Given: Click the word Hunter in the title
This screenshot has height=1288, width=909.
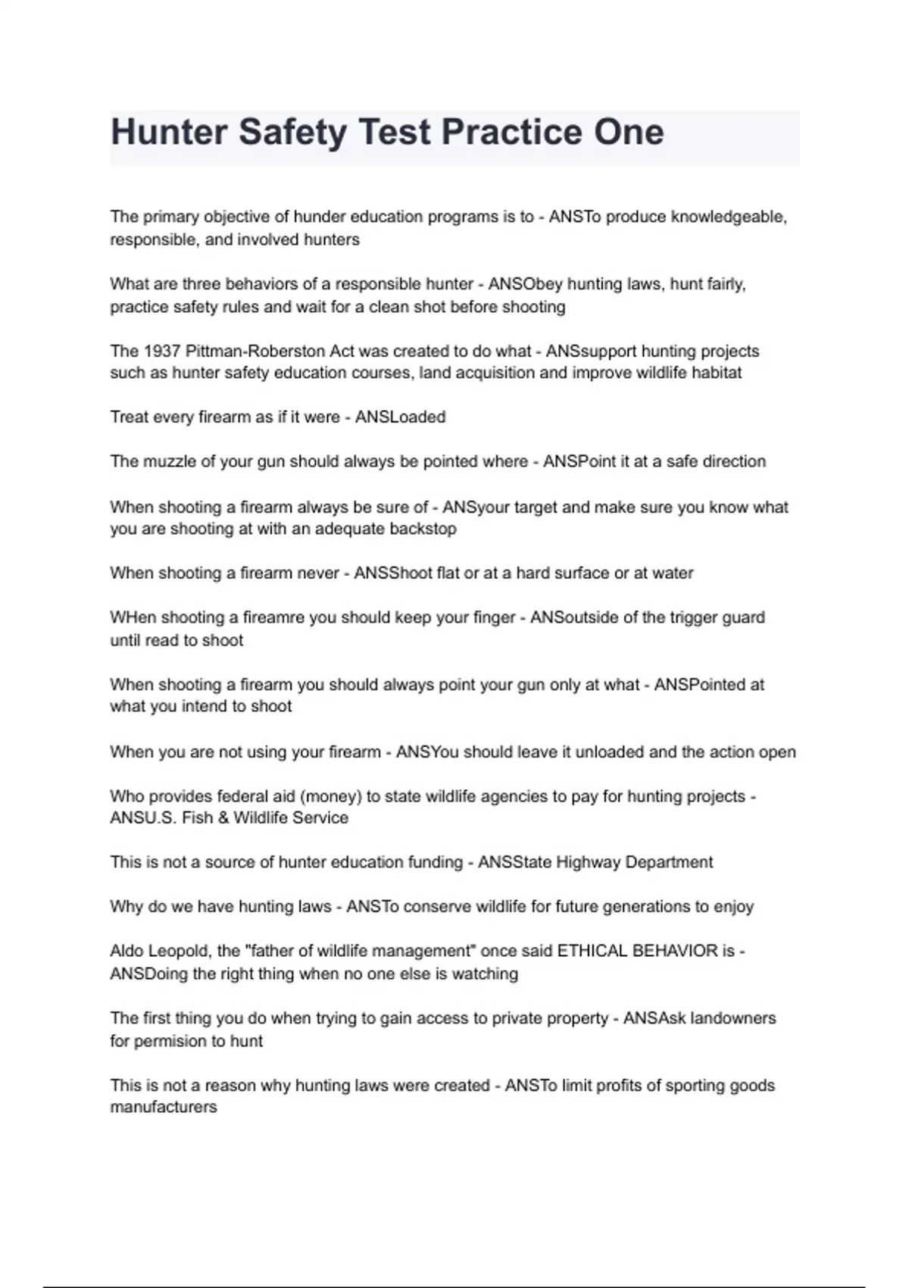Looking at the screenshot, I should (169, 132).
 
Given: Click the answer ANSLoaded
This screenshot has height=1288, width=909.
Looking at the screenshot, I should (400, 417).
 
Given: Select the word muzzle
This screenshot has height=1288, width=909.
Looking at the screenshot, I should (168, 461).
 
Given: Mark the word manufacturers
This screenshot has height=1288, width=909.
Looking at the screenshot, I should (164, 1107).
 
